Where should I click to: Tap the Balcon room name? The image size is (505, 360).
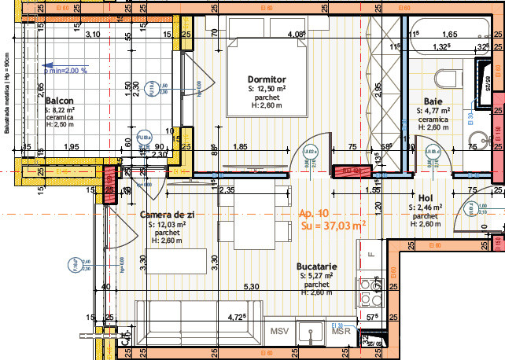click(60, 101)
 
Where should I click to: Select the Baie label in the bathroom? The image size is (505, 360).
click(433, 101)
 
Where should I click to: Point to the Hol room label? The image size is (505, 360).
click(426, 198)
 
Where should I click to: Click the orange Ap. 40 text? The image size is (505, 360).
click(314, 213)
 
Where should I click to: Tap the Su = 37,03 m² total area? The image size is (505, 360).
click(333, 226)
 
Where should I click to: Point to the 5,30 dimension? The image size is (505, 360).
click(251, 286)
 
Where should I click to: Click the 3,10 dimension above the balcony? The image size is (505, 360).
click(93, 35)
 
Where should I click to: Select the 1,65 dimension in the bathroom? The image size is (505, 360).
click(450, 35)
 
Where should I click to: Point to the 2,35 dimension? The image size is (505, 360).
click(227, 189)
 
